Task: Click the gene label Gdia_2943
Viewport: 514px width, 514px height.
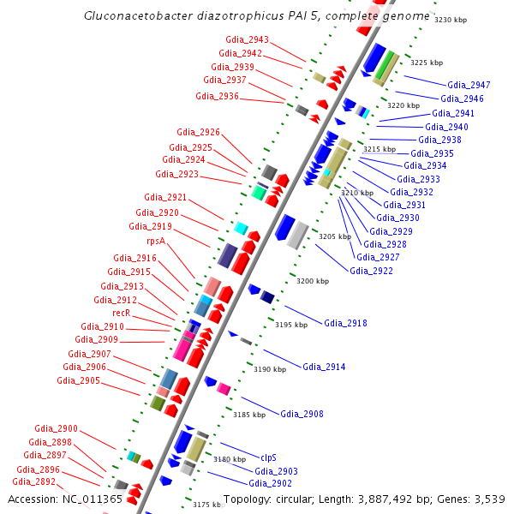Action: tap(247, 40)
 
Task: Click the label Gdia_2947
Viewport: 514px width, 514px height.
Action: tap(469, 85)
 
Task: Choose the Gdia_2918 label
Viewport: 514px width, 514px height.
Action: tap(345, 323)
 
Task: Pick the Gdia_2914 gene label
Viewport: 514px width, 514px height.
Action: tap(324, 367)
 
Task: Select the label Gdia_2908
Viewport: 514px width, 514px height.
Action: tap(302, 415)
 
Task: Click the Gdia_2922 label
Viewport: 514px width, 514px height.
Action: tap(372, 271)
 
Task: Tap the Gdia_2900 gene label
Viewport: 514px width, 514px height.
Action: tap(56, 428)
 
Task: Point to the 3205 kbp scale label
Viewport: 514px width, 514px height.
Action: tap(334, 236)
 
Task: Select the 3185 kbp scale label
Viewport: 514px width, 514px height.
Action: tap(249, 415)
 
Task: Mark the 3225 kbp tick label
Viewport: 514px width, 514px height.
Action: tap(426, 63)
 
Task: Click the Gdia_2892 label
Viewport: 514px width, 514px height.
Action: tap(33, 481)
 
